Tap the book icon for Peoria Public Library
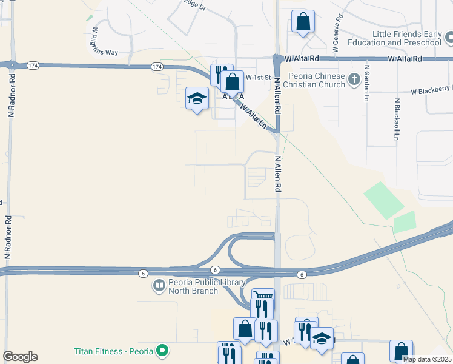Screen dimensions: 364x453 pos(159,285)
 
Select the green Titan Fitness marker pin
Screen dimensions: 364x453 pos(161,350)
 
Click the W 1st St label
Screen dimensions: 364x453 pos(258,78)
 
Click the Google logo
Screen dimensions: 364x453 pos(20,357)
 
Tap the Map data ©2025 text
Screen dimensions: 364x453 pos(427,359)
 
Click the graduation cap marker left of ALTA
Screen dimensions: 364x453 pos(197,98)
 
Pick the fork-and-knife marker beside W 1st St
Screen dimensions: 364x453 pos(220,73)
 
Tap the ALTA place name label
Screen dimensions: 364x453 pos(233,97)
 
